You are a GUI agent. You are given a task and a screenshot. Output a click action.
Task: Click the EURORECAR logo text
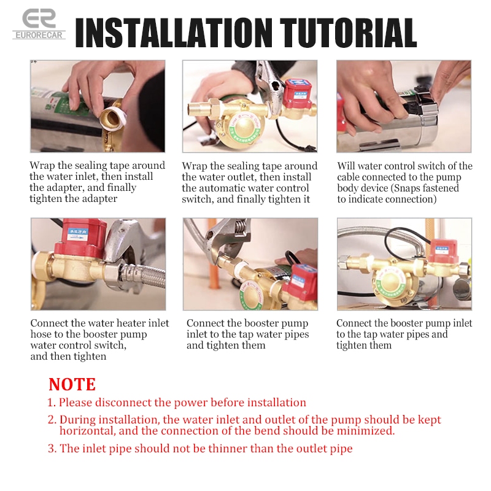[x=39, y=35]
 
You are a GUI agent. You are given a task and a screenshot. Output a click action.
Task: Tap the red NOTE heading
[x=72, y=384]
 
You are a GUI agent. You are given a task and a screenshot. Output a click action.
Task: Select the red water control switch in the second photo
[x=297, y=94]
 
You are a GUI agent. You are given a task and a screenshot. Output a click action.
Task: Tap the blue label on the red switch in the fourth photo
[x=79, y=235]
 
